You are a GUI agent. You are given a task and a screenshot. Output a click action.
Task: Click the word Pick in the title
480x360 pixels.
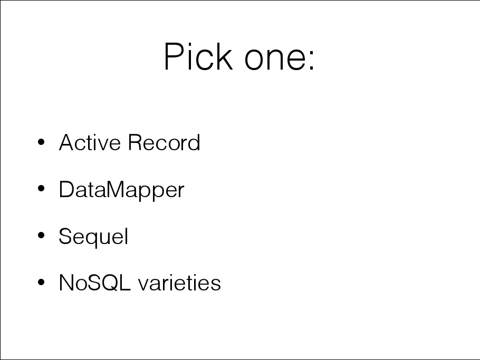coord(198,56)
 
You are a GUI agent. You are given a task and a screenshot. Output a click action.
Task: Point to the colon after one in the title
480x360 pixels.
coord(312,60)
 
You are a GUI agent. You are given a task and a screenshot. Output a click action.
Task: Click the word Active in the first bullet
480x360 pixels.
coord(90,142)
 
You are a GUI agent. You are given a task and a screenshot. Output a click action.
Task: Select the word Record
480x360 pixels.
coord(164,142)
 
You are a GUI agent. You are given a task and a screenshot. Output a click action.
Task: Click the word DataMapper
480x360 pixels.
coord(121,190)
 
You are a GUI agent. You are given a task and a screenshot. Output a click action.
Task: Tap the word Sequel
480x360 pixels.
coord(93,237)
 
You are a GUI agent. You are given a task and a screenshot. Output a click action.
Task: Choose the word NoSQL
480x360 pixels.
coord(95,283)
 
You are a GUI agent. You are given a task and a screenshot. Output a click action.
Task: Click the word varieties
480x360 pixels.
coord(180,283)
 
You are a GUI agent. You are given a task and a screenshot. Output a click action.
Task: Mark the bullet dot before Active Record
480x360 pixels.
coord(41,142)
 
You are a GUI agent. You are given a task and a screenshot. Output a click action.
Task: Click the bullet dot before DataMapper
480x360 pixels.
coord(41,188)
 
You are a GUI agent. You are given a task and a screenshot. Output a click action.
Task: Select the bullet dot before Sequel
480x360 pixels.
coord(41,235)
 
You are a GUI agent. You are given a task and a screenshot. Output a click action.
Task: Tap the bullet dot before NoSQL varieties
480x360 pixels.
coord(41,282)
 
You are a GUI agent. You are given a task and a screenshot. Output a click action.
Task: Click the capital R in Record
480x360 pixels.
coord(136,142)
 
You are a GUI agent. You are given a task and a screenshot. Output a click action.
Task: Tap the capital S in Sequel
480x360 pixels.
coord(66,236)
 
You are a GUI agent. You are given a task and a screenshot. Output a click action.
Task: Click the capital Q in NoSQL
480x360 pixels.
coord(108,283)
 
